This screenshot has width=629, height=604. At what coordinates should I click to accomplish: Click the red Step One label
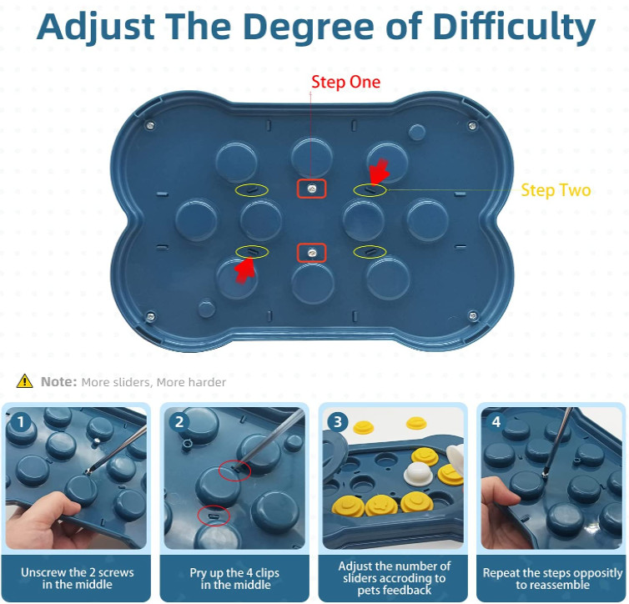click(x=345, y=82)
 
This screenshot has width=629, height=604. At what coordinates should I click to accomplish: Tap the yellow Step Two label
click(x=556, y=190)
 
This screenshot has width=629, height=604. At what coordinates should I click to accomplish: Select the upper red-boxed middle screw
click(x=311, y=189)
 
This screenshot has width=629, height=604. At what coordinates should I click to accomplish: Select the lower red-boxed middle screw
click(x=311, y=251)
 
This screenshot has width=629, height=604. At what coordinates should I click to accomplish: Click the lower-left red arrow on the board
click(x=243, y=269)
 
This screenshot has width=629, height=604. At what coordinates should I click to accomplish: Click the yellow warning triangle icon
click(x=25, y=381)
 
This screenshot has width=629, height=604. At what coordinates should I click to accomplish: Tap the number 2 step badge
click(x=178, y=422)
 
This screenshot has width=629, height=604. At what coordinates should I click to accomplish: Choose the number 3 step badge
click(x=336, y=422)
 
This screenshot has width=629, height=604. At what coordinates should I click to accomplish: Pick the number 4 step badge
click(x=496, y=422)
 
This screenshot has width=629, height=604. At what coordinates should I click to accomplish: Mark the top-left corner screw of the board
click(x=150, y=126)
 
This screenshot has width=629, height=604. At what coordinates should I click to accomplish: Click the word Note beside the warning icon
click(x=59, y=382)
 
